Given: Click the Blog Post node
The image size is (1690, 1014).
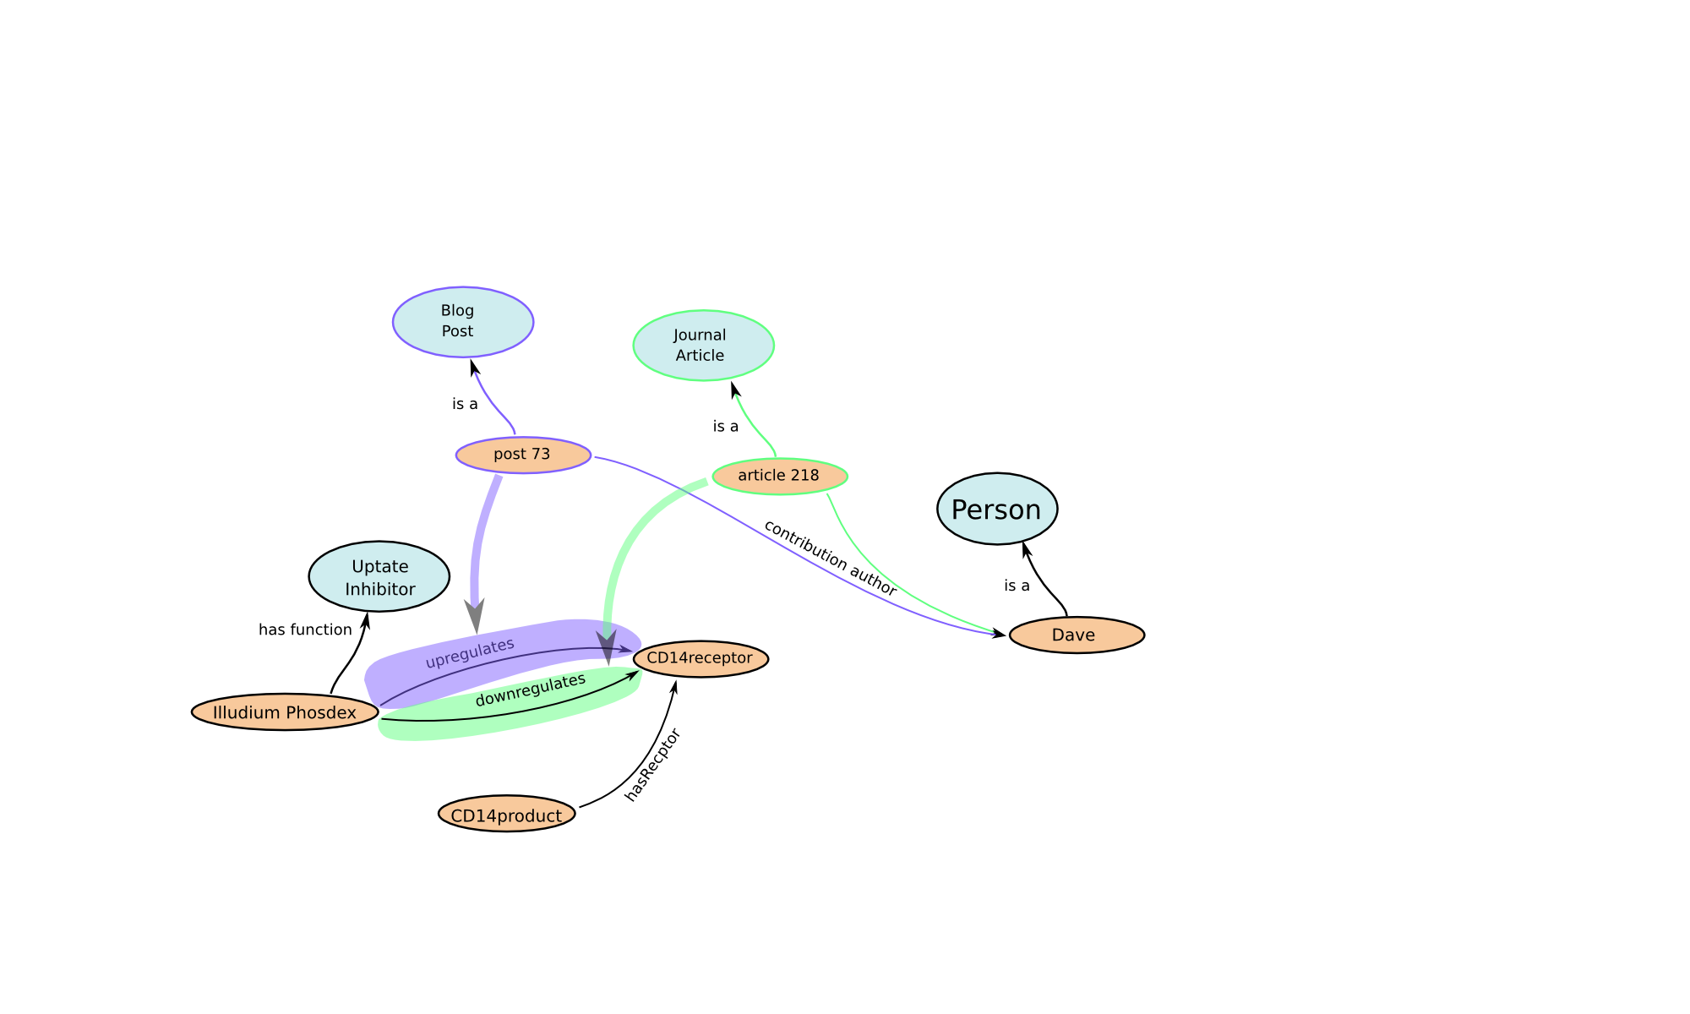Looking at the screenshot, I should tap(463, 322).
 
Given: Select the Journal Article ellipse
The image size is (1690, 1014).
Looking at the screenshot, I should tap(703, 346).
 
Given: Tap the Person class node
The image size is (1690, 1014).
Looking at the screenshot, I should tap(997, 509).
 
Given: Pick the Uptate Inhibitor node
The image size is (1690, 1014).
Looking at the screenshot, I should tap(379, 577).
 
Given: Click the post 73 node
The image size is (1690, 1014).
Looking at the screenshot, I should tap(523, 455).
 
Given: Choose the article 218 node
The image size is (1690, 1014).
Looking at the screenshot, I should tap(780, 476).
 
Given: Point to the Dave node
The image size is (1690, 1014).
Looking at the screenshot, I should tap(1077, 635).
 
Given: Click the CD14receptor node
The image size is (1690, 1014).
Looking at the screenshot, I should tap(701, 658).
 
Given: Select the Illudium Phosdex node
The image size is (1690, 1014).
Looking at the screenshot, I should tap(285, 712).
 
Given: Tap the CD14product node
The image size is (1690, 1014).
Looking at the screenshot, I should tap(507, 815).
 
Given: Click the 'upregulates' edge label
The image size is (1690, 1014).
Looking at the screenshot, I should tap(470, 653).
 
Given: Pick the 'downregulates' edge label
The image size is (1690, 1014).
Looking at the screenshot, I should tap(531, 690).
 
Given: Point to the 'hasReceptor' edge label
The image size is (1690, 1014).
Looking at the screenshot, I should tap(652, 765).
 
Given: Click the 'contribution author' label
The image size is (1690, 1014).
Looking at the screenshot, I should tap(830, 558).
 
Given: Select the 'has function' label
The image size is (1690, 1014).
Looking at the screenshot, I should tap(305, 630).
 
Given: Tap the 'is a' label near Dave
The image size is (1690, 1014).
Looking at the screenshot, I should tap(1017, 586).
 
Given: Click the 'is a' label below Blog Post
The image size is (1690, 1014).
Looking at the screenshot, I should tap(465, 404).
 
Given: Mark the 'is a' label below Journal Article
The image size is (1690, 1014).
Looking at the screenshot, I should tap(726, 427).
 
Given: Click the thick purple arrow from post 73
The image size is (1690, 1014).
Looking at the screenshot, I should tap(479, 549).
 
